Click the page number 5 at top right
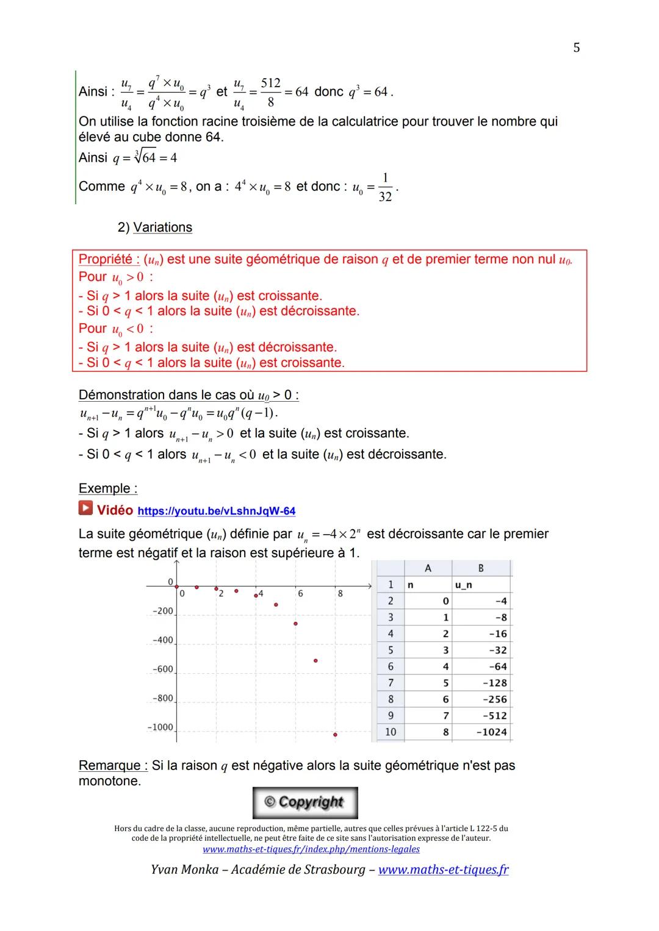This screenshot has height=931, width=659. (x=577, y=48)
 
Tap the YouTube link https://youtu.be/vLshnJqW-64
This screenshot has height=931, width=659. (x=217, y=511)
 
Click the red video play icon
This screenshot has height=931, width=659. (x=85, y=508)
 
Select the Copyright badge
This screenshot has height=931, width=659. (x=305, y=802)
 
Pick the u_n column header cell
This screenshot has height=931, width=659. (x=464, y=585)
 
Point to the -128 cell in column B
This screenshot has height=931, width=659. (x=494, y=683)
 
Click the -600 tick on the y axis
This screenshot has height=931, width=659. (x=163, y=669)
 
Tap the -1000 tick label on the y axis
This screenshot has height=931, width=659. (x=160, y=728)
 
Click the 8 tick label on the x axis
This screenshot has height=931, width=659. (x=340, y=593)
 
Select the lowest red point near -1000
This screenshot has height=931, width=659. (x=335, y=735)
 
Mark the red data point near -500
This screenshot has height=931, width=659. (x=315, y=660)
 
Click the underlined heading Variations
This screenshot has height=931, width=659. (x=162, y=227)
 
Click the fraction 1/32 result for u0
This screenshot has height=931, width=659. (x=385, y=187)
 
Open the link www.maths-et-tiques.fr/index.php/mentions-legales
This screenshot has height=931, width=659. (x=311, y=849)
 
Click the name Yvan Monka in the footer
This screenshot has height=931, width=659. (x=184, y=870)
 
